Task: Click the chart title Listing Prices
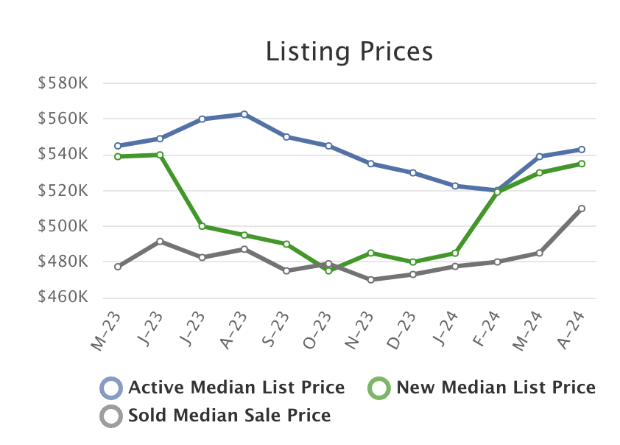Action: pos(349,52)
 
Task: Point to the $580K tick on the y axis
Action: pos(63,83)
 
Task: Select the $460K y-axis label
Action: pos(63,298)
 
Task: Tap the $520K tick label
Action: pos(63,191)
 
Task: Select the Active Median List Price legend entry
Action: pos(236,388)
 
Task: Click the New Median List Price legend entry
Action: pos(495,388)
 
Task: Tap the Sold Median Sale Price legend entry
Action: pos(229,416)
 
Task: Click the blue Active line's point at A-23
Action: pos(244,114)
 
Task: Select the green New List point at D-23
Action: pos(413,262)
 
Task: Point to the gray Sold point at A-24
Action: pos(582,209)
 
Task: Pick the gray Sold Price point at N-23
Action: pos(371,280)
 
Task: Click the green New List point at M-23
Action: pos(118,156)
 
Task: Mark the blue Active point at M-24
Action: pos(540,156)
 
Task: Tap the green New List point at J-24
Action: pos(455,253)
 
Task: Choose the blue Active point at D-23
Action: pos(413,172)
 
